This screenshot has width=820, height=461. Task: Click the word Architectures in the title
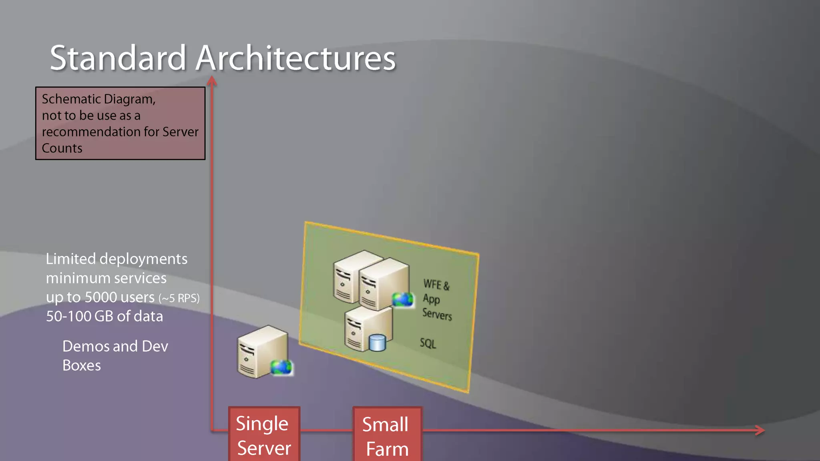click(296, 58)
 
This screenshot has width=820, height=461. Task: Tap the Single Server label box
click(264, 435)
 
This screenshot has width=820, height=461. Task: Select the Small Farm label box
click(387, 436)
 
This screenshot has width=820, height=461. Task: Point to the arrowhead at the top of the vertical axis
click(212, 81)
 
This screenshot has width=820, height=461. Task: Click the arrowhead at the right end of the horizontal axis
click(760, 430)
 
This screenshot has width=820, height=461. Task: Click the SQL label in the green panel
click(428, 343)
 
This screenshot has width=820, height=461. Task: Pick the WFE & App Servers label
click(437, 299)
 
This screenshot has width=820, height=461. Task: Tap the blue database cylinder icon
click(377, 343)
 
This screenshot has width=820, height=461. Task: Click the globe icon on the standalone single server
click(281, 367)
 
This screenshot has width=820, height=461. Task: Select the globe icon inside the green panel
click(402, 299)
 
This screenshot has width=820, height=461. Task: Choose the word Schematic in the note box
click(71, 99)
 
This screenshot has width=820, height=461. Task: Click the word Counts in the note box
click(62, 148)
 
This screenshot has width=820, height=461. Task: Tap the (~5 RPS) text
click(179, 299)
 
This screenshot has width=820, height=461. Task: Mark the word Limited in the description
click(71, 259)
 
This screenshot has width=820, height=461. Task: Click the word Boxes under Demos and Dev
click(82, 365)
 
